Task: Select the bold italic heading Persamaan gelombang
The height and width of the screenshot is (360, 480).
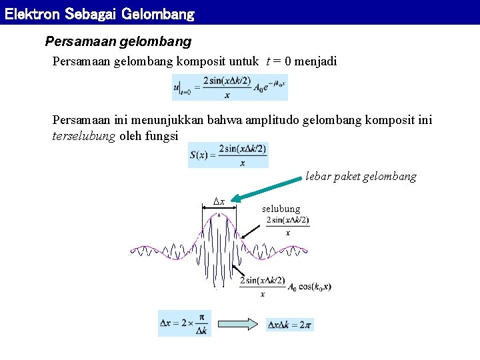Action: coord(118,41)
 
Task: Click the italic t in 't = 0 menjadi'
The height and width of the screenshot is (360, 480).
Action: coord(268,61)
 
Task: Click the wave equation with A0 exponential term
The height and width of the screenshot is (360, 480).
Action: coord(230,87)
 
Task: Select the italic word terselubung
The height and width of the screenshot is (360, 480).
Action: coord(84,136)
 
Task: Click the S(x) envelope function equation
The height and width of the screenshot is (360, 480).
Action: coord(228,155)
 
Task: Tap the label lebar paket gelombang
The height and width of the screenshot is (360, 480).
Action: coord(361,177)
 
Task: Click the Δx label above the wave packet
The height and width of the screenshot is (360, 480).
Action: coord(219,201)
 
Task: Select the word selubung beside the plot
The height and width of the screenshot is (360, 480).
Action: coord(281,209)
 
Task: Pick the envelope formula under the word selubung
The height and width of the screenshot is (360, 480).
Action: coord(287,225)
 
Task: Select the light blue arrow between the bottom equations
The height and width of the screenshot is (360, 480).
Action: coord(239,325)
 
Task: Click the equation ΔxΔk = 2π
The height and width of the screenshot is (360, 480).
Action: coord(289,325)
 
